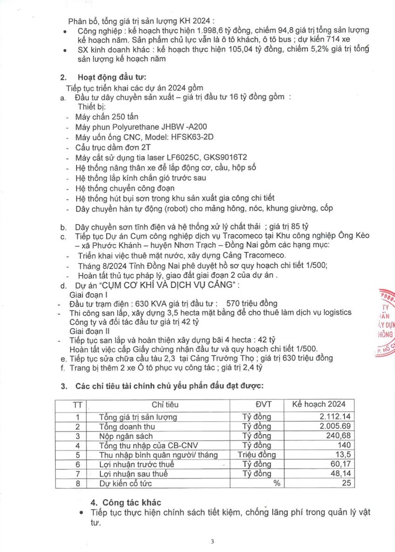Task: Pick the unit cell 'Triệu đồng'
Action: click(x=256, y=455)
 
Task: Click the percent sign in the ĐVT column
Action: click(x=277, y=483)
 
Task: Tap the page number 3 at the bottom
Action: click(x=212, y=541)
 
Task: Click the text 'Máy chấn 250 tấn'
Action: click(x=107, y=116)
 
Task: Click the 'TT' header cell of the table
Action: click(x=78, y=404)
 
